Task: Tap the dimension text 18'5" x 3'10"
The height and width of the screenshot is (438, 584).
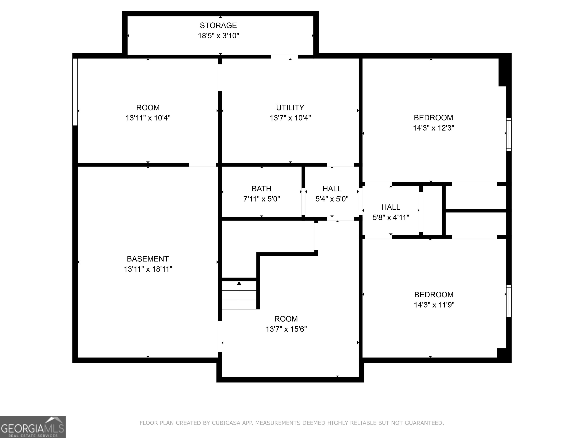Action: [218, 36]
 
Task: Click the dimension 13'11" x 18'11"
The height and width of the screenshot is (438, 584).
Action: [148, 269]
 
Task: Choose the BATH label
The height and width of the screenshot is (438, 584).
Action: [261, 189]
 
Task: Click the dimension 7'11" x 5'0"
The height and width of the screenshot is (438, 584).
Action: [261, 199]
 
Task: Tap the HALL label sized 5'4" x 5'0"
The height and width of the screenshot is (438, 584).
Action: [332, 189]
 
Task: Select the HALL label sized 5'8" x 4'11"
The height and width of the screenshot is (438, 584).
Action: [391, 207]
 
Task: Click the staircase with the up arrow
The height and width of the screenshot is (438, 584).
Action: [239, 295]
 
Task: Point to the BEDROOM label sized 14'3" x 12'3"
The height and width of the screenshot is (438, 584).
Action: [433, 117]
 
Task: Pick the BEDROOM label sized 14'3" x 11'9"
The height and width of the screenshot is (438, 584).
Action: [434, 294]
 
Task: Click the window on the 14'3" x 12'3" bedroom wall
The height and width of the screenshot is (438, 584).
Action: [509, 134]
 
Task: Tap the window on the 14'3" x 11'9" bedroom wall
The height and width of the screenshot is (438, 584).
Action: [509, 301]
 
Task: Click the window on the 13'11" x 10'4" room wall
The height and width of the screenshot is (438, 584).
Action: [75, 92]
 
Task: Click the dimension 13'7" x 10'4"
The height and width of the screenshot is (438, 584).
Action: [290, 118]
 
